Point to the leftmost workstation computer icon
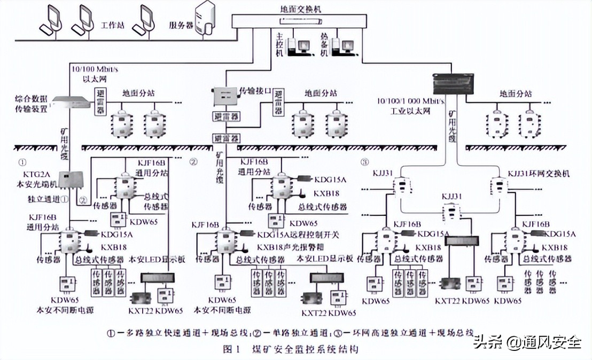53,19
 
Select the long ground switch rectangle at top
302,21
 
